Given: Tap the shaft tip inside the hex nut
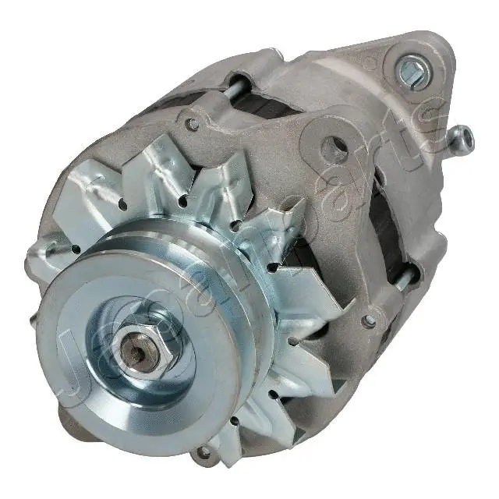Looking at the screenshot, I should [x=139, y=353].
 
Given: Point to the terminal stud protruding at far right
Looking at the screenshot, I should [x=462, y=139].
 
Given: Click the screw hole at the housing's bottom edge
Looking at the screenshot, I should [x=204, y=451].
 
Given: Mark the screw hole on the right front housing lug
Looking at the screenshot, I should [x=369, y=320].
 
